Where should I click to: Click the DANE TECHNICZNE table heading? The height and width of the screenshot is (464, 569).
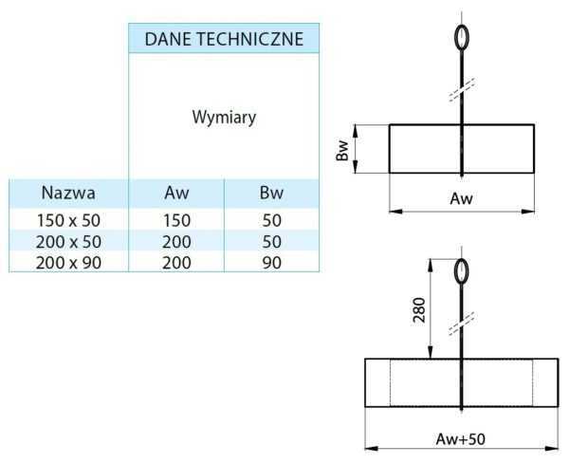(224, 39)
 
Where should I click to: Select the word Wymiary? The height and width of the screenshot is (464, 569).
(224, 119)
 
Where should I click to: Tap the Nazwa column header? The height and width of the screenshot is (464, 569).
(68, 193)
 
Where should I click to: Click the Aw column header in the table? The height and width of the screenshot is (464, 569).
(176, 193)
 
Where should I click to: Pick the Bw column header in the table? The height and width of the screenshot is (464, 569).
(271, 193)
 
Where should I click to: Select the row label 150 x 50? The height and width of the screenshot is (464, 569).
(68, 220)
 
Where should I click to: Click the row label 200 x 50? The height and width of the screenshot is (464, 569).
(68, 241)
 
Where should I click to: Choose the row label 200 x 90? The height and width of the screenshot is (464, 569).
(68, 262)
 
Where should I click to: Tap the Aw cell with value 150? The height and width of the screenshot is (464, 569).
(176, 220)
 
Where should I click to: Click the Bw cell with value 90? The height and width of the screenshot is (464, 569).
(271, 262)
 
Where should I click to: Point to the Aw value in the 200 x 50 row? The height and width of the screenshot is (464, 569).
(176, 241)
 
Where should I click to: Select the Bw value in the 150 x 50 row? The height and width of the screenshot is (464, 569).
(271, 220)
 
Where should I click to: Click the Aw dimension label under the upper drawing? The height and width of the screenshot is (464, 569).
(461, 199)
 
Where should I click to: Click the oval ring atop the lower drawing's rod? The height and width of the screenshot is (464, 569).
(461, 271)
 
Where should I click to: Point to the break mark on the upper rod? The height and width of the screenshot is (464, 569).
(461, 96)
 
